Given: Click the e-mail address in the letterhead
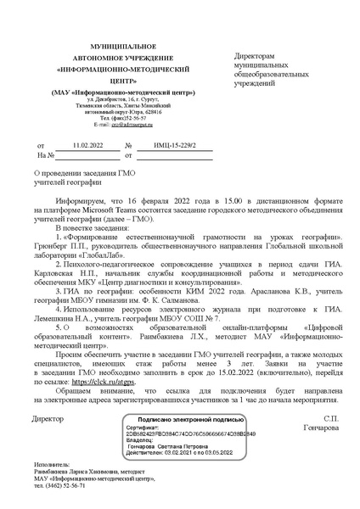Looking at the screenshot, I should coord(116,125).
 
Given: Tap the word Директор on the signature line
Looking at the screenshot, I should coord(47,419).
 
